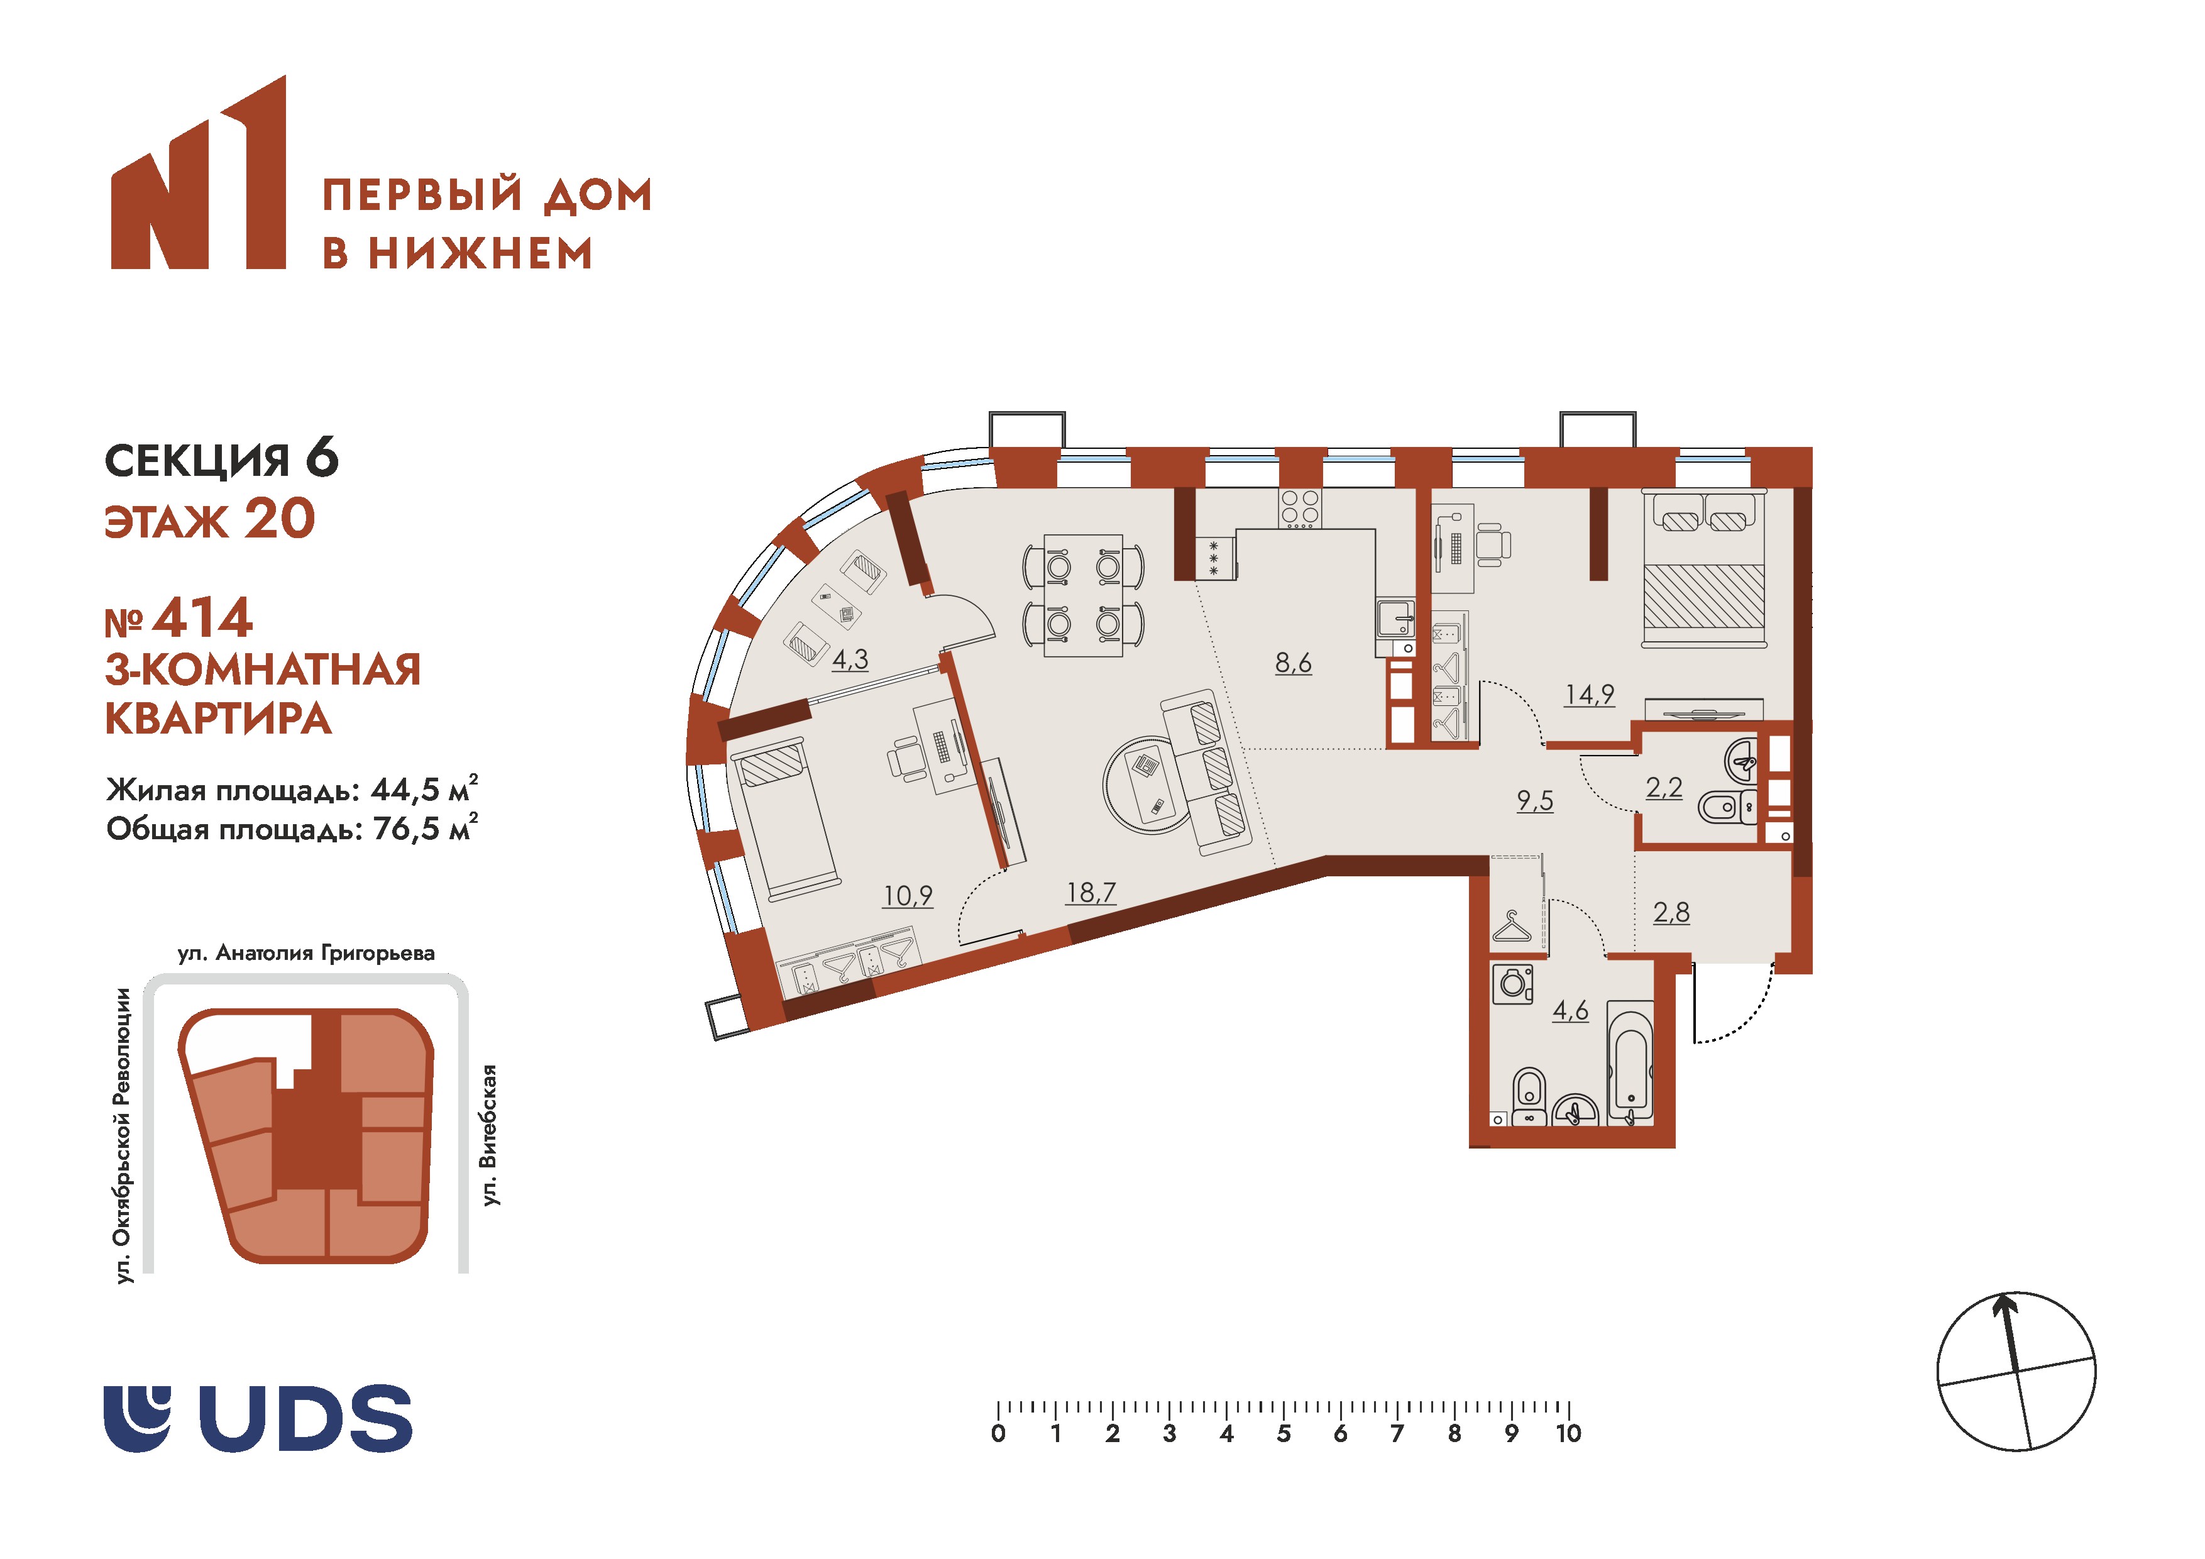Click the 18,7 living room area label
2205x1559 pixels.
click(x=1091, y=893)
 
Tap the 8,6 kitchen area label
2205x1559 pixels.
click(x=1293, y=663)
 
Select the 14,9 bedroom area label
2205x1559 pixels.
click(x=1590, y=695)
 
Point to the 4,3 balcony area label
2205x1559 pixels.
click(x=850, y=660)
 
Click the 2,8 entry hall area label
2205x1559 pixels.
click(x=1671, y=913)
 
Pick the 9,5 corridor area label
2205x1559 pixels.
click(x=1535, y=801)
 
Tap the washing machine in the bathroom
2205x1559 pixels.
click(x=1514, y=984)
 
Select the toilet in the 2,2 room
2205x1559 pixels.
click(x=1725, y=807)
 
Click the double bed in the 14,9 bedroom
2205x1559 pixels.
click(x=1703, y=569)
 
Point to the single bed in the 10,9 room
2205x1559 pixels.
click(x=786, y=818)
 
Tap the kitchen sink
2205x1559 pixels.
click(x=1394, y=620)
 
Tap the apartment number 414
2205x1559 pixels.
click(x=202, y=618)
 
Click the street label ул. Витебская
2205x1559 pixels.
click(x=490, y=1135)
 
